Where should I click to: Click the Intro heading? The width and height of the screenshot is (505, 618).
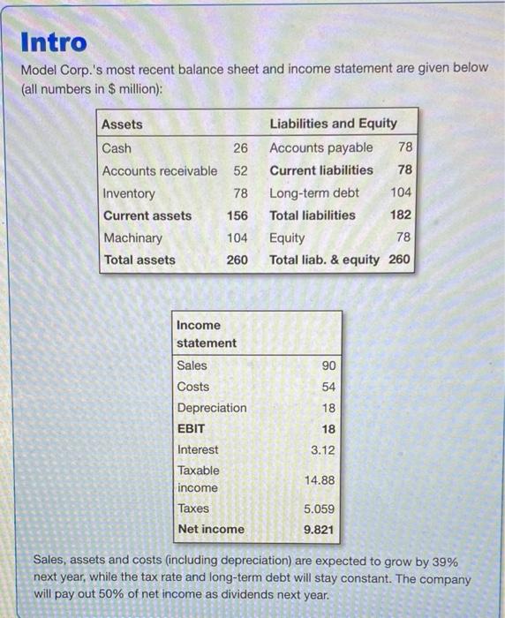54,41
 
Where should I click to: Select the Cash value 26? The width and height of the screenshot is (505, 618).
240,148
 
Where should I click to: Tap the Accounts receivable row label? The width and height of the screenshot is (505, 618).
159,170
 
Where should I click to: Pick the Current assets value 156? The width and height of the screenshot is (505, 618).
237,215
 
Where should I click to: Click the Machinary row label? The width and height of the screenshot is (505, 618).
132,237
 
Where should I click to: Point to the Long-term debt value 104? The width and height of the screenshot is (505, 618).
400,192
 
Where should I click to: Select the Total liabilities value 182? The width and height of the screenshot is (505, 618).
400,215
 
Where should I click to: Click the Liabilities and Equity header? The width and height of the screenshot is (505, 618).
333,124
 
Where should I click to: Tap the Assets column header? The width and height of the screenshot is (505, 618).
122,124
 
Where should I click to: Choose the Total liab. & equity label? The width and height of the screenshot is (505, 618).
324,260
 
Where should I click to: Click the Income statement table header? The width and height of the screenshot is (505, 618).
207,334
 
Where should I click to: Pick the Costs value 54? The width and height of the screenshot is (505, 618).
326,387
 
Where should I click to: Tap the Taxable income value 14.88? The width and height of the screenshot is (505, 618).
319,479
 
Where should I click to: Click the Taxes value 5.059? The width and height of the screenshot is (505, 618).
319,509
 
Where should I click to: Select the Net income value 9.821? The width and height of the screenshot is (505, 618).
319,530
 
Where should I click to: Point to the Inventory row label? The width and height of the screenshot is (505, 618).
129,193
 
